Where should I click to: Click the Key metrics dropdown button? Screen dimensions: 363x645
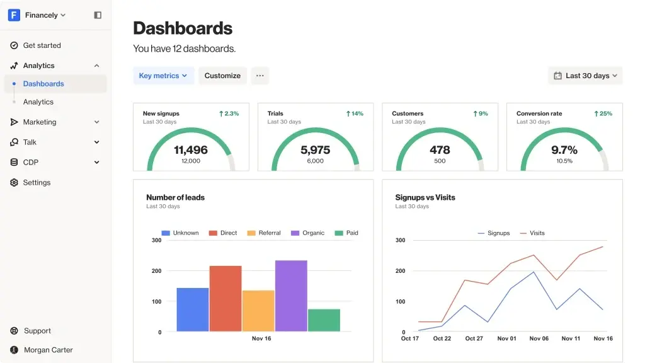pyautogui.click(x=163, y=76)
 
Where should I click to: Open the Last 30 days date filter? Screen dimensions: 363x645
pyautogui.click(x=585, y=76)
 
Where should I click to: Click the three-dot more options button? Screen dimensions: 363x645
pyautogui.click(x=260, y=76)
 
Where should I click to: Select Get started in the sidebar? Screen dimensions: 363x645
pyautogui.click(x=42, y=45)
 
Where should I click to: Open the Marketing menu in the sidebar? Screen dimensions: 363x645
pyautogui.click(x=40, y=122)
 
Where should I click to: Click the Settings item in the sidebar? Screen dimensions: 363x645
pyautogui.click(x=37, y=183)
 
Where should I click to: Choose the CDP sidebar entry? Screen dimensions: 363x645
pyautogui.click(x=31, y=163)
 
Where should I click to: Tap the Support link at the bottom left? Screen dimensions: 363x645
pyautogui.click(x=37, y=331)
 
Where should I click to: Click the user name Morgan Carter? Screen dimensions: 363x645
pyautogui.click(x=48, y=350)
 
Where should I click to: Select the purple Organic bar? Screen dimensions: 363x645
pyautogui.click(x=291, y=296)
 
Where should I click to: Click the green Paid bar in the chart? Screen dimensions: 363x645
pyautogui.click(x=324, y=320)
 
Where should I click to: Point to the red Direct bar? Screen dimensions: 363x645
pyautogui.click(x=225, y=298)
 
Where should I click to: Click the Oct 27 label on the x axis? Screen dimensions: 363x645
pyautogui.click(x=474, y=338)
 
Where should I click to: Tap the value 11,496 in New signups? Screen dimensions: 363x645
pyautogui.click(x=191, y=150)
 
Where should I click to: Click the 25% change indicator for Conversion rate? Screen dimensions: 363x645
pyautogui.click(x=603, y=114)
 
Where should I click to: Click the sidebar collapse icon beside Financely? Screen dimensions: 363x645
pyautogui.click(x=98, y=15)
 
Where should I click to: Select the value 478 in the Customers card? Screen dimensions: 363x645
pyautogui.click(x=440, y=150)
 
